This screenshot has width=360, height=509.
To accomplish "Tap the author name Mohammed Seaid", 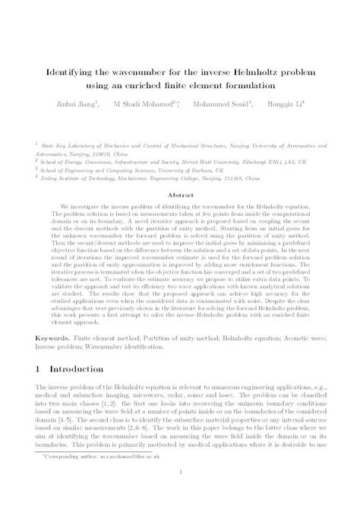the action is coord(229,103).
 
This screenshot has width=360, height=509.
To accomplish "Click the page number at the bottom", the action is coord(180,493).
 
